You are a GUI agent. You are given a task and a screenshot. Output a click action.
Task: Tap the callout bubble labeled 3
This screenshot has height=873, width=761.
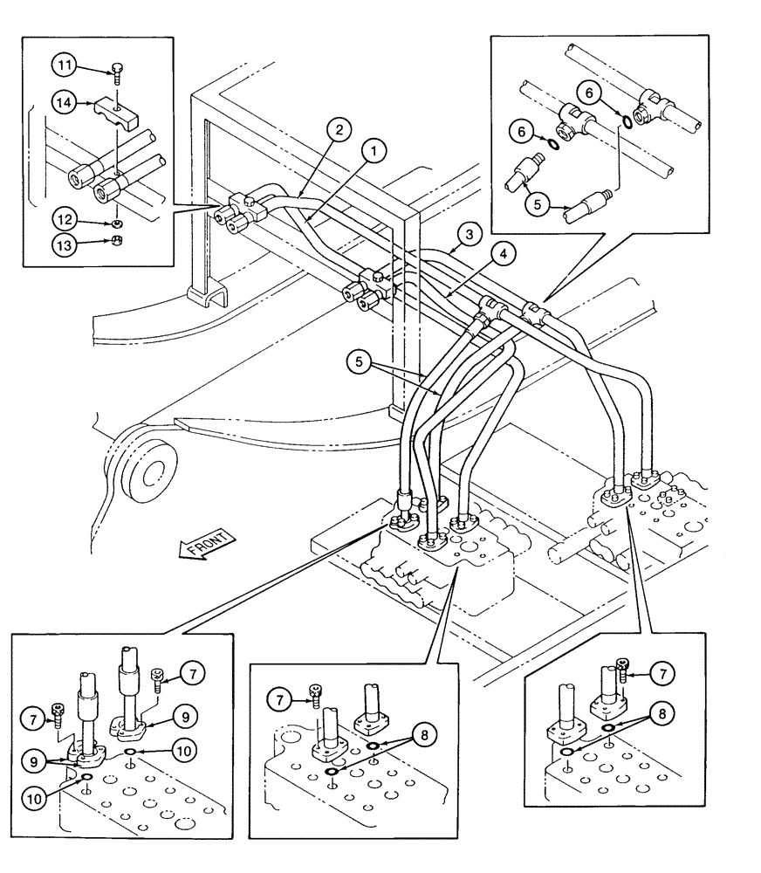coord(470,236)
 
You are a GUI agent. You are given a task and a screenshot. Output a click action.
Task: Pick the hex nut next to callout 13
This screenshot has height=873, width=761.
coord(116,244)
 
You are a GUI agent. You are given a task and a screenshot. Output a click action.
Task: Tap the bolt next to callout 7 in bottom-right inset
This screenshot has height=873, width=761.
coord(622,670)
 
